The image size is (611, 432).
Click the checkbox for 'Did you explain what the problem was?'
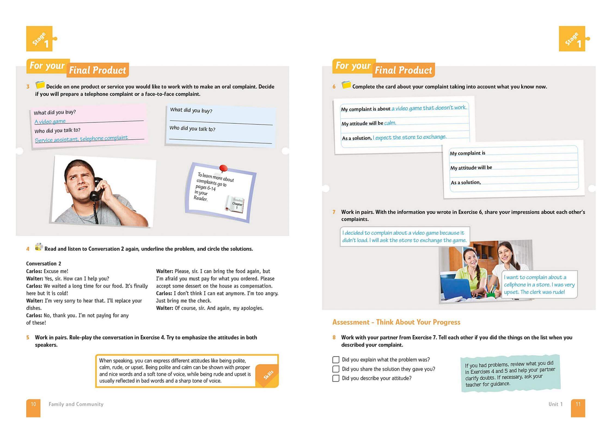[336, 360]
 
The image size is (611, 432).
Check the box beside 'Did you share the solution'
[336, 369]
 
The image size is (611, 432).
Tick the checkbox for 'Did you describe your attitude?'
[336, 378]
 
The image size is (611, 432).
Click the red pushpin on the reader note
[223, 168]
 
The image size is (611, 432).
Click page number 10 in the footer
[33, 404]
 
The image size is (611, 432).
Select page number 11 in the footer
[578, 404]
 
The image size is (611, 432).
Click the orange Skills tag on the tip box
[268, 375]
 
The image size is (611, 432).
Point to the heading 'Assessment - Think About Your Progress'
[396, 322]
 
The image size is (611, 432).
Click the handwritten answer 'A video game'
[50, 121]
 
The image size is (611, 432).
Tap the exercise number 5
[28, 337]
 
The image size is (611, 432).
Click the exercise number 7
[334, 212]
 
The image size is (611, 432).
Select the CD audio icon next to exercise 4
[38, 247]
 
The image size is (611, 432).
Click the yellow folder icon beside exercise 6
[346, 85]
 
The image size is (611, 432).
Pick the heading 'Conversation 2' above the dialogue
[44, 263]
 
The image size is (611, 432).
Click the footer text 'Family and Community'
[76, 404]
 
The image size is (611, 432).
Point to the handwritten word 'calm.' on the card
[390, 123]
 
